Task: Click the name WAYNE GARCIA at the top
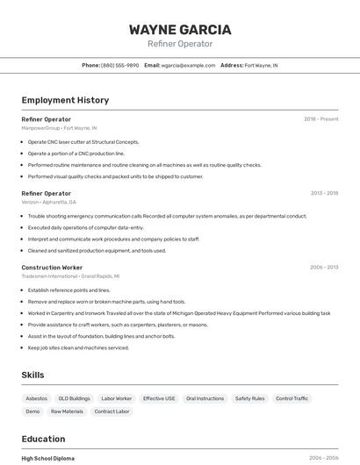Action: click(x=180, y=29)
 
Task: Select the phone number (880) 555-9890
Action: click(x=119, y=65)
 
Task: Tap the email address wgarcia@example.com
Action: click(x=189, y=65)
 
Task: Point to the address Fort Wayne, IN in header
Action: click(x=261, y=65)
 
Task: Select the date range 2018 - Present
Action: click(x=320, y=118)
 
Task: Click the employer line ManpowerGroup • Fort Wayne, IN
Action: click(x=59, y=128)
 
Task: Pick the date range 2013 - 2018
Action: click(x=324, y=193)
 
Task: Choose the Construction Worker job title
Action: click(x=52, y=267)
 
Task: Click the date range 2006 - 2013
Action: click(x=324, y=267)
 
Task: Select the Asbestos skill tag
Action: click(x=36, y=398)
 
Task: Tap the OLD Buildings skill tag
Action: click(x=74, y=398)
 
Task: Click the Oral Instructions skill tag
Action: click(x=205, y=398)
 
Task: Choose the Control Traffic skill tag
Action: click(x=292, y=398)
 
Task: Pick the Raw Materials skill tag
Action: click(x=67, y=411)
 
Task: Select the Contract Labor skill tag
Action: click(x=112, y=411)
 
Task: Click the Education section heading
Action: click(x=43, y=439)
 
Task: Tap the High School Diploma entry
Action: click(x=47, y=458)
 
